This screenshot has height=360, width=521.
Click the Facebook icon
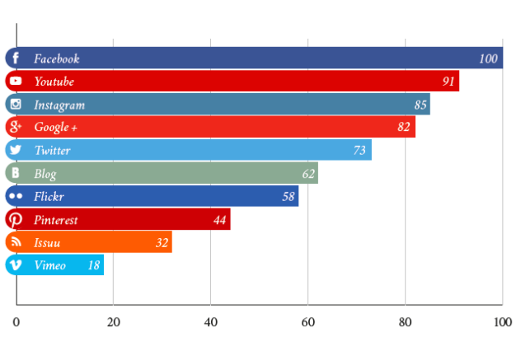pos(16,58)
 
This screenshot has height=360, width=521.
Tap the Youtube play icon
pos(16,82)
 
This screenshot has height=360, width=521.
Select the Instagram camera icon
pos(16,105)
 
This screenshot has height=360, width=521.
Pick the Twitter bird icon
pos(16,151)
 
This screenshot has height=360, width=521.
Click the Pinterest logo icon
pos(16,220)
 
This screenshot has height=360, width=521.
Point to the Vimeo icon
pos(16,265)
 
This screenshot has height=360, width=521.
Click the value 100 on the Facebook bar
pos(488,58)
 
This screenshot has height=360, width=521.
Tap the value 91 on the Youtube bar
pos(448,82)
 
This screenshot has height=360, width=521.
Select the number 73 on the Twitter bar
pos(359,151)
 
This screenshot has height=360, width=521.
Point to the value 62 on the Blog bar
pos(308,174)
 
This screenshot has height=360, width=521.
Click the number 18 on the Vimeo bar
pos(94,265)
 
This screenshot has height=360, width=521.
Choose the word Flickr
pos(49,197)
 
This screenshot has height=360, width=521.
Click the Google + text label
pos(55,128)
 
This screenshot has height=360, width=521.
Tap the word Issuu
pos(47,243)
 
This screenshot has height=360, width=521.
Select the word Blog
pos(45,174)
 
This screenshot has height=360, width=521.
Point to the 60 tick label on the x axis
pos(307,322)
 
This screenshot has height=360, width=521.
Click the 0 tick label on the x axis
pos(16,322)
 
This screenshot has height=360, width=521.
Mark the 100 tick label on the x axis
pos(501,322)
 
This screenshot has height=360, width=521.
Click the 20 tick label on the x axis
pos(114,322)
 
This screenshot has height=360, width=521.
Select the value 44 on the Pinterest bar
pos(219,220)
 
